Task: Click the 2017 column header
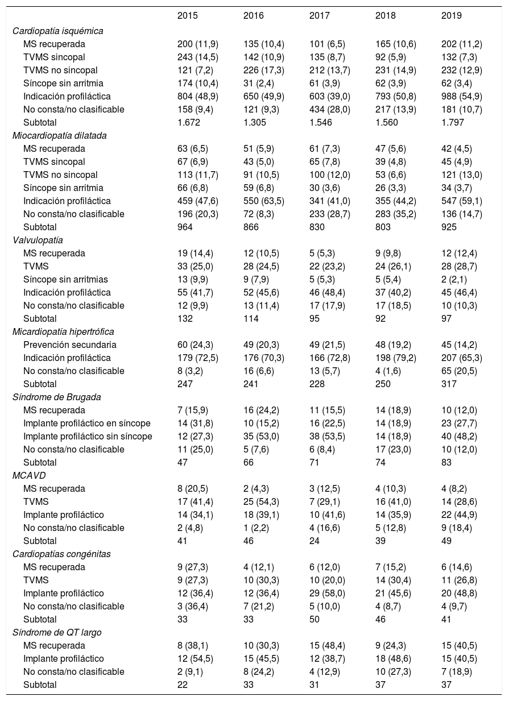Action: pyautogui.click(x=320, y=16)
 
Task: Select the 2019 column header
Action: pyautogui.click(x=452, y=16)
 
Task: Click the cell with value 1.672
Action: pyautogui.click(x=188, y=122)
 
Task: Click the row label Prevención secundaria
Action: pyautogui.click(x=70, y=345)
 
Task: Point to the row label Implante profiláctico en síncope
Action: pyautogui.click(x=88, y=423)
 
